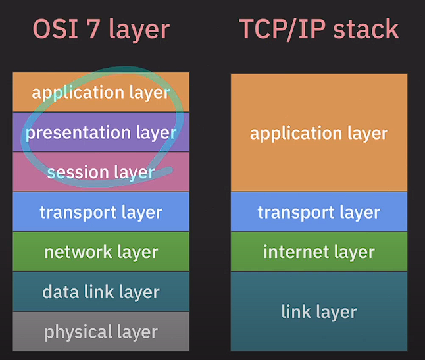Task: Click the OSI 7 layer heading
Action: tap(101, 30)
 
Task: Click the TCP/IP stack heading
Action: tap(318, 30)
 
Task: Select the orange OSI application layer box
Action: tap(101, 92)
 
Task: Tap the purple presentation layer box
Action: tap(101, 132)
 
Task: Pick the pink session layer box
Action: tap(101, 172)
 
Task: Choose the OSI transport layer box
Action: tap(101, 212)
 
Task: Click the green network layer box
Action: tap(101, 252)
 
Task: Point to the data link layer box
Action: tap(101, 292)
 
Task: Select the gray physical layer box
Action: tap(101, 332)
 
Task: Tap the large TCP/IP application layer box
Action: tap(318, 133)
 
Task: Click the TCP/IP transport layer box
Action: tap(318, 212)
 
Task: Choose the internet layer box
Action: tap(318, 251)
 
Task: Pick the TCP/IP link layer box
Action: tap(318, 311)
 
